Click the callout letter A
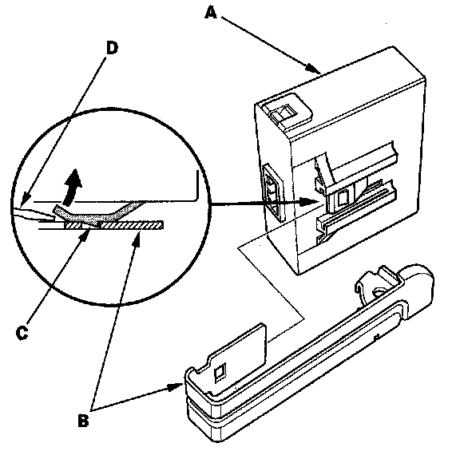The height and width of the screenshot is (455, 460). [211, 14]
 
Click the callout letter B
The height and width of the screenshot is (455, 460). [83, 421]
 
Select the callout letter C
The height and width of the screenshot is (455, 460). [22, 333]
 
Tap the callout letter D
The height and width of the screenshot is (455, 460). [112, 48]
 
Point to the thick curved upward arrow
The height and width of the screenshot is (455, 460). [72, 187]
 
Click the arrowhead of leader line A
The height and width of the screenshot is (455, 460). [314, 69]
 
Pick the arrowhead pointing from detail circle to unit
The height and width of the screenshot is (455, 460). [310, 201]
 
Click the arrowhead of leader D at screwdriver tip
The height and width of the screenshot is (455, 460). [25, 199]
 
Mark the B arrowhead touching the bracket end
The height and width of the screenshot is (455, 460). [176, 387]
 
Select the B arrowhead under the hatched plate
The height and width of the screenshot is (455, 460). [137, 238]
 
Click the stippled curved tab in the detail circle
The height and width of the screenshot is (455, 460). [100, 213]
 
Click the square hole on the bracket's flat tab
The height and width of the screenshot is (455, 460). [220, 373]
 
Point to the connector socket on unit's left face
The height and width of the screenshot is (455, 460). [274, 192]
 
